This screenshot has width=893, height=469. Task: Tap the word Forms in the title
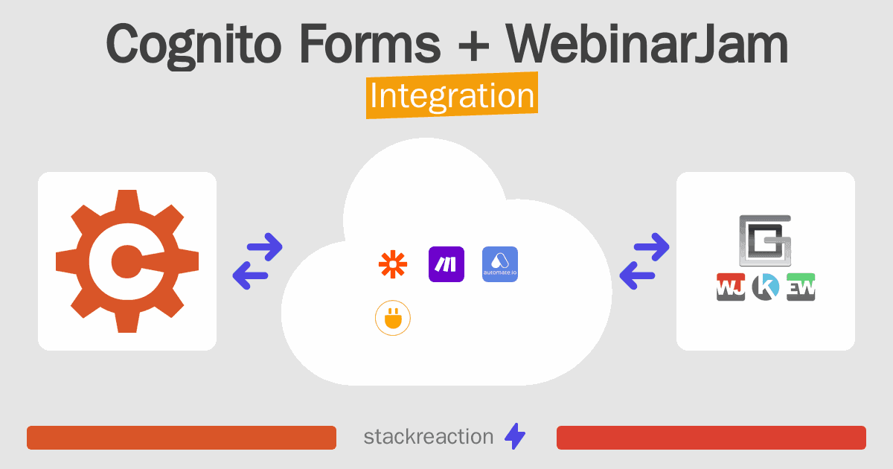371,43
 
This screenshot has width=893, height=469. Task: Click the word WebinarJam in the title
647,43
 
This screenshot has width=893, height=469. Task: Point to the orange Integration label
452,95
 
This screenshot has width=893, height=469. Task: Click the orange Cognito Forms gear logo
127,261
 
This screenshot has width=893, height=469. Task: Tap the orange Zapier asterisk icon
393,264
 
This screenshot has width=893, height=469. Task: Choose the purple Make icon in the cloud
446,264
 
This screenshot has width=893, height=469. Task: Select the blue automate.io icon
500,264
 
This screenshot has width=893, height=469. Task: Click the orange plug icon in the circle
393,318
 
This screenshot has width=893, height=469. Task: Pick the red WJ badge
731,287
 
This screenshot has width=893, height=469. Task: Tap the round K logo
766,287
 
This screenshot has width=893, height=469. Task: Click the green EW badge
801,287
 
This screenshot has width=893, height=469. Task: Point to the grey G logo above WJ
766,240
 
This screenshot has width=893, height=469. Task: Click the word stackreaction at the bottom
429,437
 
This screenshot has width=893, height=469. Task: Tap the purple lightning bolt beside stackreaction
515,436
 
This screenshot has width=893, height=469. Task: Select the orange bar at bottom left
182,438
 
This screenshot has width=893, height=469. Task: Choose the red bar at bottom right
711,438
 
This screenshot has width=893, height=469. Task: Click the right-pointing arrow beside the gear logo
265,247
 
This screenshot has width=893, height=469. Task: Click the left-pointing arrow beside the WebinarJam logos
637,275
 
